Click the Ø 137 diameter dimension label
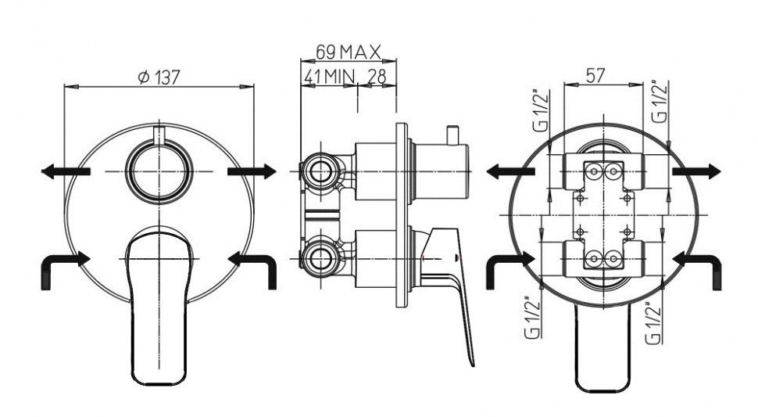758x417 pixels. (x=159, y=77)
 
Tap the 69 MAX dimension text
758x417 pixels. (x=349, y=52)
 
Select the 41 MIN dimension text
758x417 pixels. (x=329, y=76)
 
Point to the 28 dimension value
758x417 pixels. (x=377, y=76)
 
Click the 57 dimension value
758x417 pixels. (x=595, y=75)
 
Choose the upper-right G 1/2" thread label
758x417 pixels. (x=660, y=101)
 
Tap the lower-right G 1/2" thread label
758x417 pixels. (x=653, y=322)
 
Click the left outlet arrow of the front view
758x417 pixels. (x=66, y=171)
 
